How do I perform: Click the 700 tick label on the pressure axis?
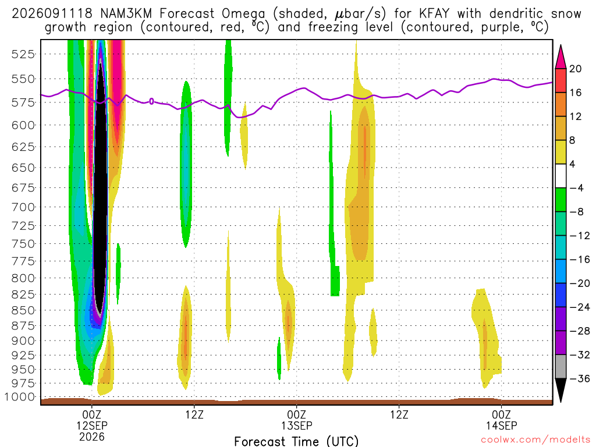coord(23,207)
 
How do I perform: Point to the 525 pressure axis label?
coord(23,54)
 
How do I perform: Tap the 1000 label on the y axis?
coord(19,397)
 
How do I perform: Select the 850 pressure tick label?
coord(23,311)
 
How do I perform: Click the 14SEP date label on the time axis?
coord(501,425)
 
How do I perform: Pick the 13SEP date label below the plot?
coord(296,425)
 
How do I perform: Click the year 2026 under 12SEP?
coord(92,437)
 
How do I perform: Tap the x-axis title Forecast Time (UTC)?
coord(296,441)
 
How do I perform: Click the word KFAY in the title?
coord(434,14)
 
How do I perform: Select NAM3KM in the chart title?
coord(126,14)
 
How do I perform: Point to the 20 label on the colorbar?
coord(575,69)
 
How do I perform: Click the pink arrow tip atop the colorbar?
coord(560,45)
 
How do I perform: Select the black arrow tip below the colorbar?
coord(560,401)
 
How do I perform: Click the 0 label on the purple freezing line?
coord(151,101)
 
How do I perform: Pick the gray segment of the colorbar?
coord(560,367)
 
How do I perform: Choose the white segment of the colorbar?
coord(560,176)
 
